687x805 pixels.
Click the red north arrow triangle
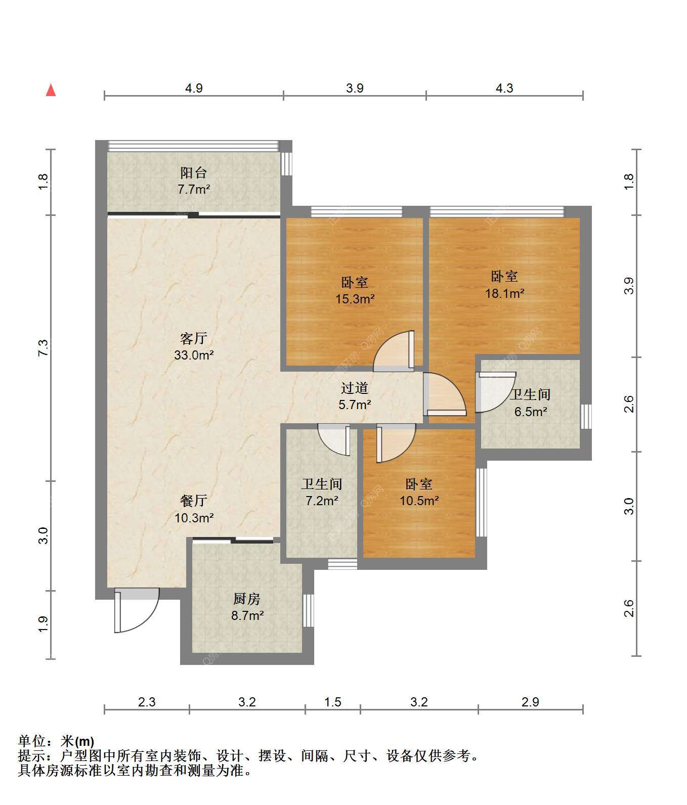(x=51, y=90)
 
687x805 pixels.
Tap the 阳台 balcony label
(x=194, y=173)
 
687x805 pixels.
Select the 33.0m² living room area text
(x=194, y=355)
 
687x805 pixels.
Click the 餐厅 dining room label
(x=194, y=501)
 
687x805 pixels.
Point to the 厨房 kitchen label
(x=247, y=599)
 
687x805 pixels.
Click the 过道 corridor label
(x=355, y=388)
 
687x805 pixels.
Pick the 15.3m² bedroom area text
(x=355, y=299)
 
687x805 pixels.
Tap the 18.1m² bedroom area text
(x=505, y=293)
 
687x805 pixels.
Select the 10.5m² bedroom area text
(x=419, y=501)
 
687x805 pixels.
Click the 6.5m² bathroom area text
(x=531, y=412)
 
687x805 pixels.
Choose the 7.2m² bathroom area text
(x=322, y=501)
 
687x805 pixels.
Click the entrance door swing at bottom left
(x=137, y=610)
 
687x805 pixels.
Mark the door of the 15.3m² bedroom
(x=394, y=351)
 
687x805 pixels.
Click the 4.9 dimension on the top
(x=194, y=88)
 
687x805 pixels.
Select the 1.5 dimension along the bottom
(x=333, y=702)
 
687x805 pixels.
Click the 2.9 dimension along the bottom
(x=531, y=702)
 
